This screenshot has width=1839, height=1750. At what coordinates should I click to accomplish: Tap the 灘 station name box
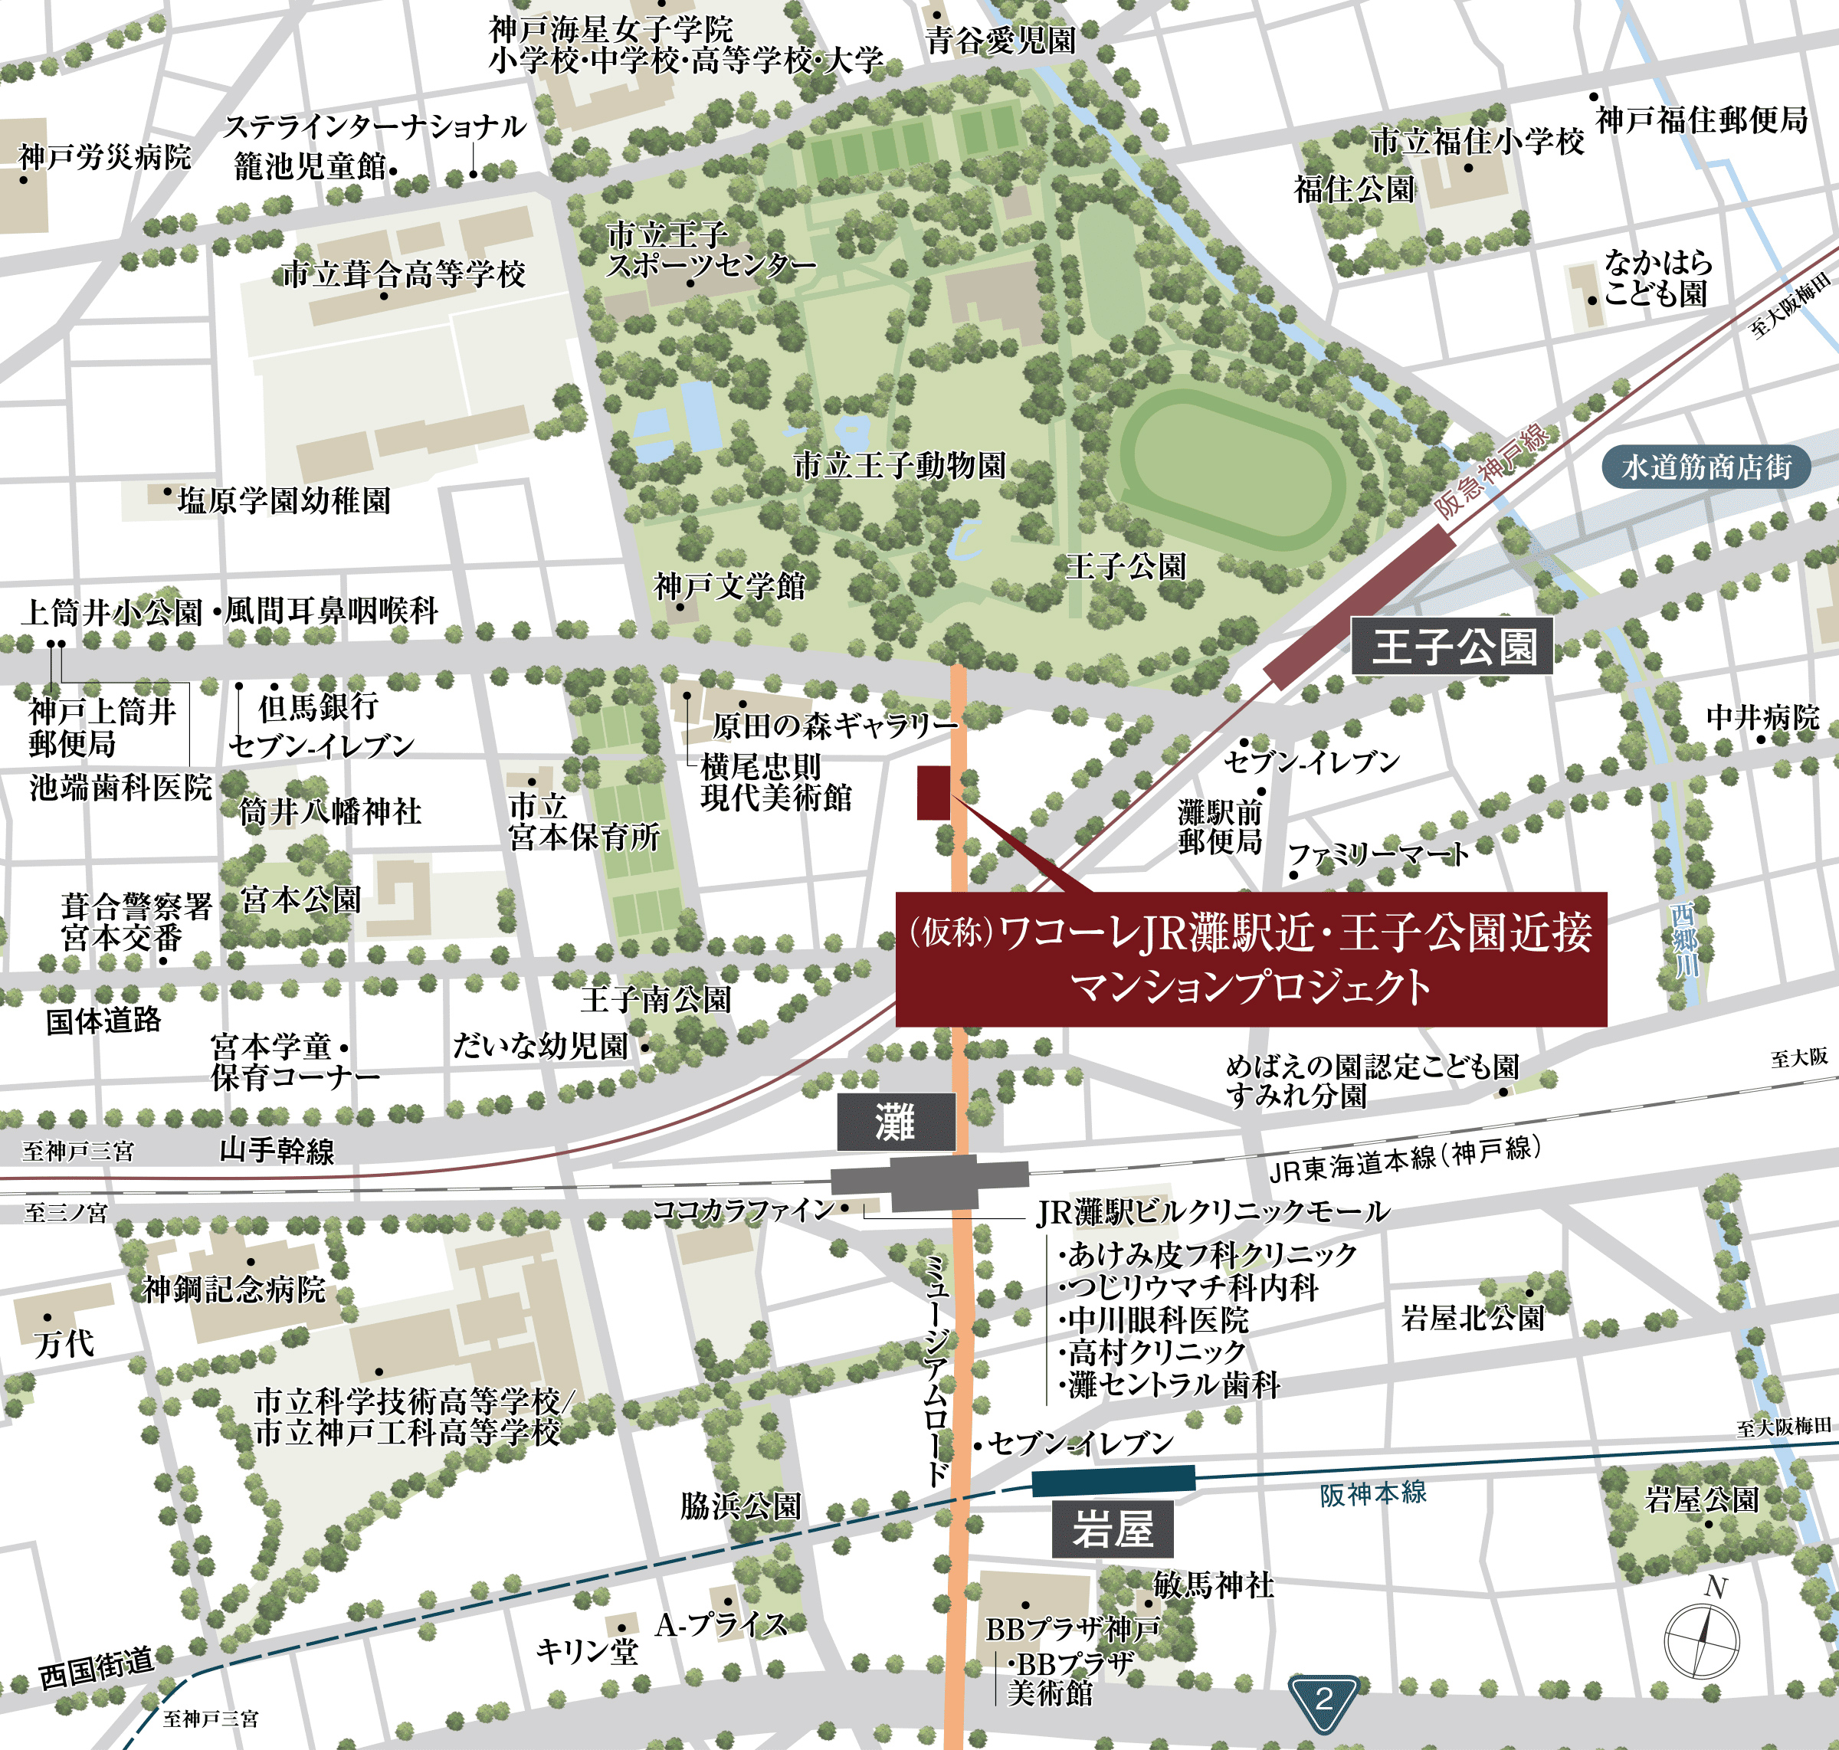pyautogui.click(x=896, y=1122)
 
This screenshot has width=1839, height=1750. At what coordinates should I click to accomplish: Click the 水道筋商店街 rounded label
pyautogui.click(x=1706, y=467)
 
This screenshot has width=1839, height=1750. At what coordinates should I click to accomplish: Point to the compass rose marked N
pyautogui.click(x=1702, y=1640)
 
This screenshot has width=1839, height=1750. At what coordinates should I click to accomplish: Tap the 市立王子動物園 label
pyautogui.click(x=900, y=464)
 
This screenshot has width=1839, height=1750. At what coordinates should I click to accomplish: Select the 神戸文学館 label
pyautogui.click(x=729, y=587)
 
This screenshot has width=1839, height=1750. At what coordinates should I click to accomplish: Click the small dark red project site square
pyautogui.click(x=933, y=793)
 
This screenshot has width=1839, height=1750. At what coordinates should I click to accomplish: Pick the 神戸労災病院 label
pyautogui.click(x=104, y=157)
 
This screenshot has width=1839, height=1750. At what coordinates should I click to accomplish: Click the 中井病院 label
pyautogui.click(x=1762, y=717)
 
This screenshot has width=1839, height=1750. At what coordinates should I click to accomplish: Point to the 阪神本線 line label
pyautogui.click(x=1372, y=1493)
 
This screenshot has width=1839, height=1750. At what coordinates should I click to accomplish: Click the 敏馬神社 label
pyautogui.click(x=1213, y=1585)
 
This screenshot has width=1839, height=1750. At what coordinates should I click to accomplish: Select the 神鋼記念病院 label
pyautogui.click(x=233, y=1290)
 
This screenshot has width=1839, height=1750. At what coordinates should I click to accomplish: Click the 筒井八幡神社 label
pyautogui.click(x=330, y=811)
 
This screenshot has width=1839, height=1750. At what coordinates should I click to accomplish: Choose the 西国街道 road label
pyautogui.click(x=96, y=1667)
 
